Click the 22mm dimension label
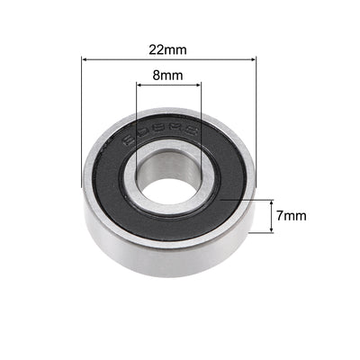click(x=169, y=46)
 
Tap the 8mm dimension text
click(x=169, y=76)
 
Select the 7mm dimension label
click(x=292, y=216)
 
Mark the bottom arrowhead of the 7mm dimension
click(x=272, y=230)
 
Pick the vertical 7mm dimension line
click(x=272, y=216)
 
